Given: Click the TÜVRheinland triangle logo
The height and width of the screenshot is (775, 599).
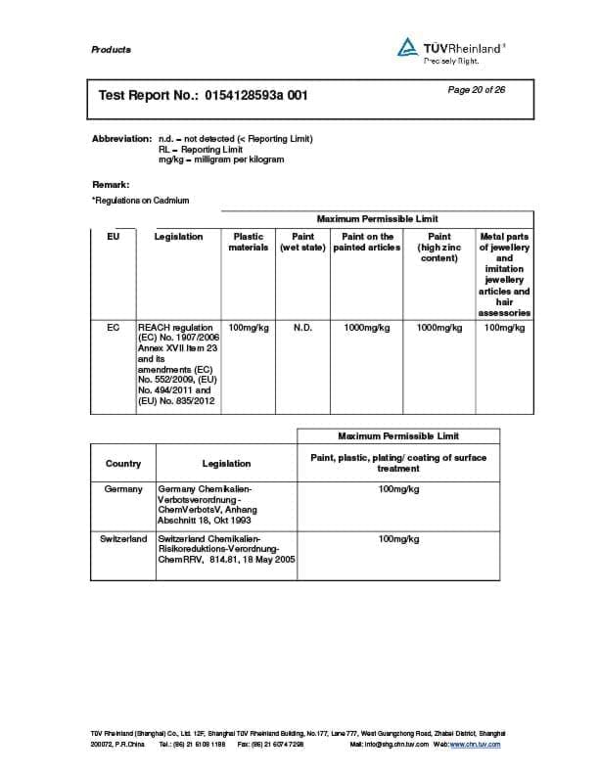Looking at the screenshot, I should [x=407, y=46].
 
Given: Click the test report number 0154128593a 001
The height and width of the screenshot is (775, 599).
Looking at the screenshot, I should [x=254, y=96].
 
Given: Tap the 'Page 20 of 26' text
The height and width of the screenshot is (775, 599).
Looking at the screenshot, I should [x=476, y=90].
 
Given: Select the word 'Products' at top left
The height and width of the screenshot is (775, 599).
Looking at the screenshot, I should [x=111, y=50].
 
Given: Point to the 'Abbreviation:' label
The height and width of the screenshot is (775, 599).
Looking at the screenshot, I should [x=121, y=139].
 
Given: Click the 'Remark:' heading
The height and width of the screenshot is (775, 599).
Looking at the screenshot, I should [x=111, y=184].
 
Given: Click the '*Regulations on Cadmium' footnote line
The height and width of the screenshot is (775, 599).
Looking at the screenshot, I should [x=140, y=201].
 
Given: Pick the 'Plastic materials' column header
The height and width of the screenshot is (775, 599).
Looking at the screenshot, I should [x=248, y=242].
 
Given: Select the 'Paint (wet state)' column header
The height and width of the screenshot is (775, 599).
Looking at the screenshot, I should [x=302, y=242].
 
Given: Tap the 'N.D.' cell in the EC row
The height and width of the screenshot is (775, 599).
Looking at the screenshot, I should [x=302, y=328].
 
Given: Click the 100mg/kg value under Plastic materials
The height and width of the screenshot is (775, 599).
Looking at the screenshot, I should [x=248, y=328].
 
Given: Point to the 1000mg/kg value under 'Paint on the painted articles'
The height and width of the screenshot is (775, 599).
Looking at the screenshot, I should [x=367, y=328].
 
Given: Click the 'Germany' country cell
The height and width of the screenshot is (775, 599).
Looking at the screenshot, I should [x=123, y=488].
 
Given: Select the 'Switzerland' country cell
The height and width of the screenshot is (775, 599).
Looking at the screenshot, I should [x=123, y=539].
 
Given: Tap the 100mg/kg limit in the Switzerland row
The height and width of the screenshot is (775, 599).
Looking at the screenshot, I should [x=398, y=539].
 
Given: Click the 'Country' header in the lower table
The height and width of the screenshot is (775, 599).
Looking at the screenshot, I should [x=123, y=464].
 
